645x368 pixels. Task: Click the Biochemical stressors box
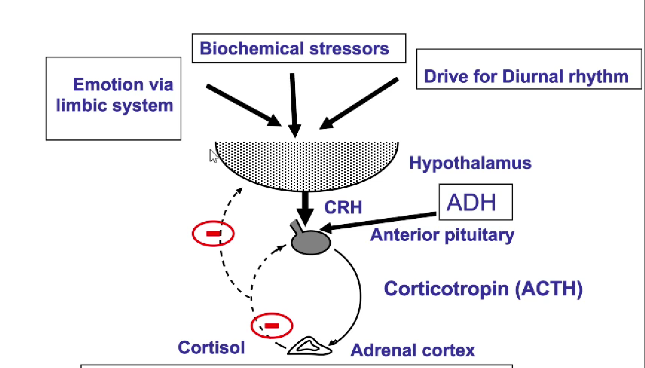point(298,49)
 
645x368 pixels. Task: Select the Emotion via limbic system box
point(113,98)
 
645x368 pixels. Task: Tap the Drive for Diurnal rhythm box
point(529,69)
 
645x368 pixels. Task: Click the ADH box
point(475,202)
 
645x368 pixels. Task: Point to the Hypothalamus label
point(470,163)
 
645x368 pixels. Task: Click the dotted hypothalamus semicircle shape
point(307,163)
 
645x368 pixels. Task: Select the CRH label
point(343,207)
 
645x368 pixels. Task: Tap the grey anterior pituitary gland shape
point(311,241)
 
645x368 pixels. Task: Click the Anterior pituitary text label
point(442,234)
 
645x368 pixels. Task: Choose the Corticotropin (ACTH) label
point(483,288)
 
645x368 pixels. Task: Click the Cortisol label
point(211,347)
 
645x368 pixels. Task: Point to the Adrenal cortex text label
point(413,350)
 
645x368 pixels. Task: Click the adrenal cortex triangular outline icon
point(310,346)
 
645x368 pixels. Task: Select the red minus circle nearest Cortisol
point(272,325)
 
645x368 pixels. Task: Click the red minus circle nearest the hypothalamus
point(213,233)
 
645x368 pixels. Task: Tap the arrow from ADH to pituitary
point(379,221)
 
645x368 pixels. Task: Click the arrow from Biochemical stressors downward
point(293,104)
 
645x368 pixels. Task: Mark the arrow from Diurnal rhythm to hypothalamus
point(359,103)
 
